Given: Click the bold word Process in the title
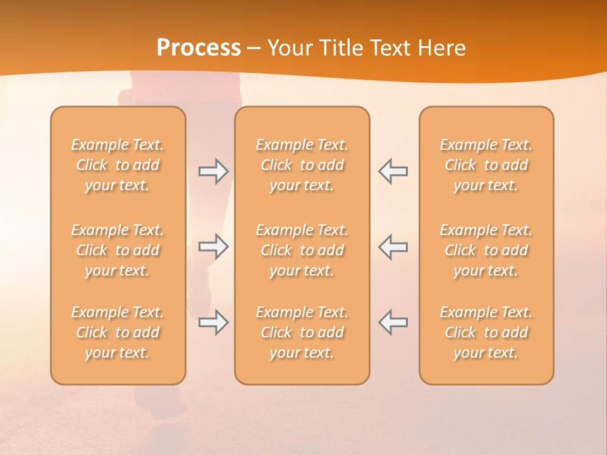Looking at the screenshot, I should pyautogui.click(x=199, y=48).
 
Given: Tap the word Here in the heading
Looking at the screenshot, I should pyautogui.click(x=442, y=48).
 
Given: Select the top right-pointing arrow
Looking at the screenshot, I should pyautogui.click(x=214, y=171).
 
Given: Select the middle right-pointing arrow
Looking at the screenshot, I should pyautogui.click(x=214, y=246).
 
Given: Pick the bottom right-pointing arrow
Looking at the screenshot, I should pyautogui.click(x=214, y=322).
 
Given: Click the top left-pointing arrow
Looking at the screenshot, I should pyautogui.click(x=393, y=171).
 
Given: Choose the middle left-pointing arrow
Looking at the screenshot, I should pyautogui.click(x=393, y=246).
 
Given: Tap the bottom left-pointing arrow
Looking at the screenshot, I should pyautogui.click(x=393, y=322).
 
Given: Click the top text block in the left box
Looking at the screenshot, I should pyautogui.click(x=118, y=165).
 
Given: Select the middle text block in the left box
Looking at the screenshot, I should pyautogui.click(x=118, y=250).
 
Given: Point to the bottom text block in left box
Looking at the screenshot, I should pyautogui.click(x=118, y=332).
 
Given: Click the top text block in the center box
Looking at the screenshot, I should pyautogui.click(x=302, y=165).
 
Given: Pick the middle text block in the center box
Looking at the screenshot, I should pyautogui.click(x=302, y=250).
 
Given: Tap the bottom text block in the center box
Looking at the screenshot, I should pyautogui.click(x=302, y=332).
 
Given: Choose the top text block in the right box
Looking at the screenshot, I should pyautogui.click(x=486, y=165).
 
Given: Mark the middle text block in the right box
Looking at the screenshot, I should pyautogui.click(x=486, y=250).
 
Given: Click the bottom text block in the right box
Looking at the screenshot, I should pyautogui.click(x=486, y=332).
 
